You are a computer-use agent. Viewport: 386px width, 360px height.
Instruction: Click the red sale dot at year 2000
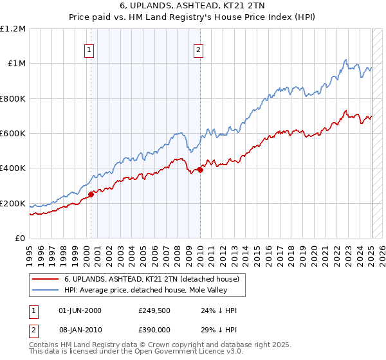(x=91, y=195)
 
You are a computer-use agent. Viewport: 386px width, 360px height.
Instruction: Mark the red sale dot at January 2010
(x=200, y=170)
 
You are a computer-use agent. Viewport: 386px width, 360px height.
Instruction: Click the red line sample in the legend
(x=45, y=279)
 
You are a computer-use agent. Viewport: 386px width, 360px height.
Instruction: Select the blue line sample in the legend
(x=45, y=290)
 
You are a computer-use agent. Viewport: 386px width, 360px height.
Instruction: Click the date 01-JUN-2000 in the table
(x=80, y=310)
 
